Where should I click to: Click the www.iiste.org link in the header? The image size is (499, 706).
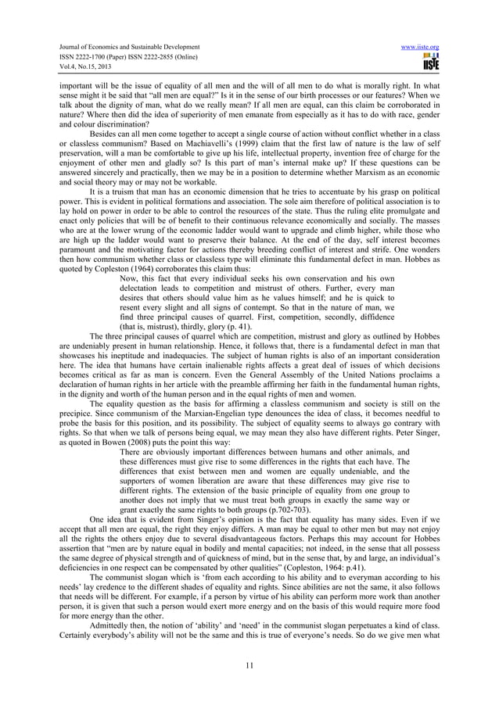(418, 47)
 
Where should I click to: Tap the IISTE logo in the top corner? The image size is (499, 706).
(429, 60)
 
